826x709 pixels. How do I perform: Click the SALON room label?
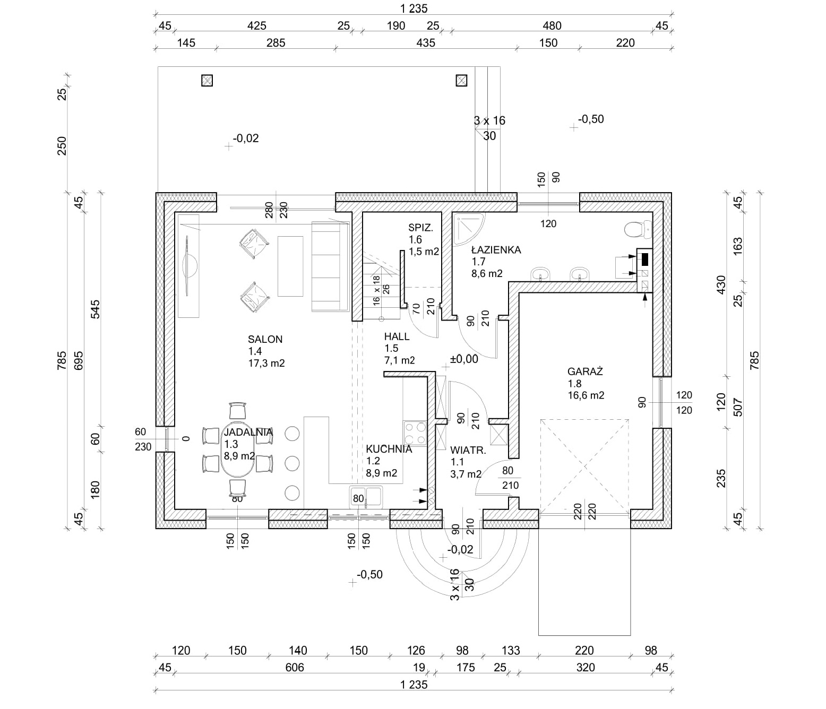click(x=265, y=339)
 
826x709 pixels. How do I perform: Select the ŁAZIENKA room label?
click(x=496, y=249)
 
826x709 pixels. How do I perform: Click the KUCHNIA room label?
click(x=389, y=449)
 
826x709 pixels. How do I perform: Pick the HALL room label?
click(x=397, y=336)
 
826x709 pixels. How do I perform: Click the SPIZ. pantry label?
click(x=420, y=228)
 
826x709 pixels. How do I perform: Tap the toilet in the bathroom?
click(x=636, y=230)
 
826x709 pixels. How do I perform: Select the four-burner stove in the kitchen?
click(x=415, y=433)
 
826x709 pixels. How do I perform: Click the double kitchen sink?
click(x=366, y=497)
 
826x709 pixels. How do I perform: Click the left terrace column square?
click(x=207, y=81)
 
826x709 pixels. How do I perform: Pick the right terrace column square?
click(x=462, y=81)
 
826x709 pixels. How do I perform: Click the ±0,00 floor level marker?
click(x=463, y=359)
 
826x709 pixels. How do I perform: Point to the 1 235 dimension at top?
click(x=414, y=8)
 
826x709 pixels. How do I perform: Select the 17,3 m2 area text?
click(x=266, y=364)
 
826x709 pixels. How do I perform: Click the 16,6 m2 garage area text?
click(x=586, y=395)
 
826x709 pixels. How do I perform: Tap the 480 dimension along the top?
click(x=552, y=25)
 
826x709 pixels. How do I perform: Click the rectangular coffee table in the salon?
click(x=290, y=266)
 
